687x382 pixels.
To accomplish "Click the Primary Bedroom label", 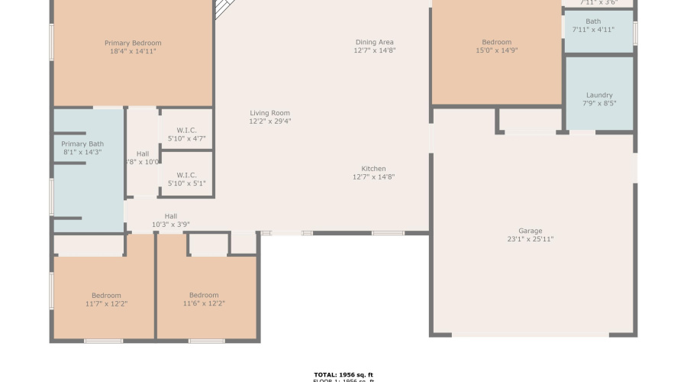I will (133, 43).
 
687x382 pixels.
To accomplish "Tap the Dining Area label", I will (374, 42).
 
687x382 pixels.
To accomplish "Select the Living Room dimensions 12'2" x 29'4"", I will (269, 121).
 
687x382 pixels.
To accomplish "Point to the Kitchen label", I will (373, 169).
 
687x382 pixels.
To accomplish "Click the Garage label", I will (531, 231).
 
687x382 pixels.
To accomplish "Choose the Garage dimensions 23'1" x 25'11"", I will (531, 239).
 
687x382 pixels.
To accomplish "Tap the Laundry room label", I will (599, 95).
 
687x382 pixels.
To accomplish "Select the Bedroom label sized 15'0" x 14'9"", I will (496, 42).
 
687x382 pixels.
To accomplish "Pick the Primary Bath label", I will (82, 144).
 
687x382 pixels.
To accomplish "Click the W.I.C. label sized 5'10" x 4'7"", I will (187, 130).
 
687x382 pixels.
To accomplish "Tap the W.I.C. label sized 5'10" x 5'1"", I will (187, 175).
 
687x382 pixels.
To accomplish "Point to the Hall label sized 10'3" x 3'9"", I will (170, 216).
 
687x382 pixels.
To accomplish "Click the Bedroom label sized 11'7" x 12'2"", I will (106, 296).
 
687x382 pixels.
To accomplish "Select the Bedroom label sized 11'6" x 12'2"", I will (204, 296).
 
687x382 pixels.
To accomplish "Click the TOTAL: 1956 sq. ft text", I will (343, 374).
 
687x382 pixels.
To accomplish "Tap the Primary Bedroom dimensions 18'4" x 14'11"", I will (133, 51).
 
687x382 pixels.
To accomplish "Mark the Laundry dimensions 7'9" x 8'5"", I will (599, 104).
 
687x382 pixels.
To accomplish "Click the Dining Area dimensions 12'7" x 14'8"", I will (374, 50).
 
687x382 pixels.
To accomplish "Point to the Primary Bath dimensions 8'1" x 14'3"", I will (82, 152).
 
